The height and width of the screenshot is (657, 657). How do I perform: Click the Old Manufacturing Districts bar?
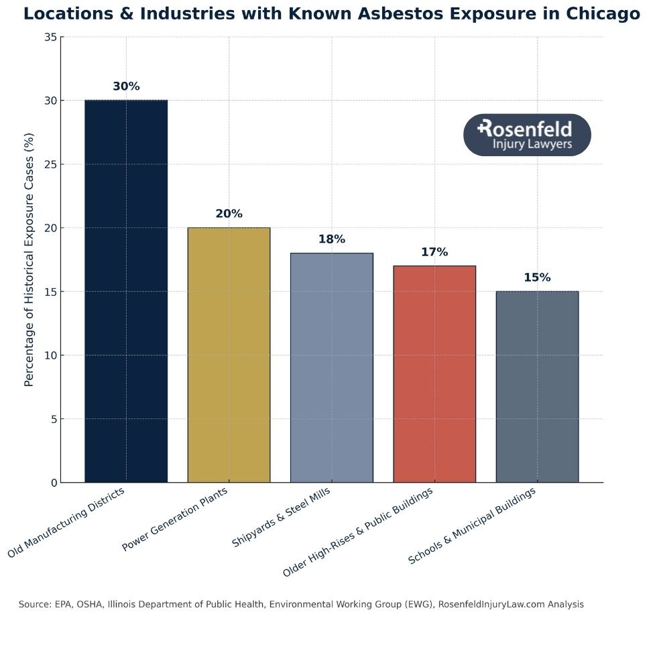(126, 291)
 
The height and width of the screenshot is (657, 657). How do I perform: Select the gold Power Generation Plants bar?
(229, 355)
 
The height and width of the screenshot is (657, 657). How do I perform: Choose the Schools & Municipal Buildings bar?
(537, 387)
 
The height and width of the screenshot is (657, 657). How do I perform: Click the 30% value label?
(126, 86)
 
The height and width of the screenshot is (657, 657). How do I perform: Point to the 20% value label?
(229, 214)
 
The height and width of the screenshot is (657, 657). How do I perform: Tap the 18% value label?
(331, 239)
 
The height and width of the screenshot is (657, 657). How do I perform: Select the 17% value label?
(434, 252)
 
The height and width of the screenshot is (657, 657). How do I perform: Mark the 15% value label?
(537, 278)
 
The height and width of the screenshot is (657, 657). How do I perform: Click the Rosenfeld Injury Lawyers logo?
(527, 135)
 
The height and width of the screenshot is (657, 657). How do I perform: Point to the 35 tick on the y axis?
(50, 38)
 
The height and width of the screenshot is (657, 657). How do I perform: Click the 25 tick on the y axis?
(50, 165)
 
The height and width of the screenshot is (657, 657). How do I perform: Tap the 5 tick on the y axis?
(53, 420)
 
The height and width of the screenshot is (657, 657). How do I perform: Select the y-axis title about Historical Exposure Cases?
(29, 259)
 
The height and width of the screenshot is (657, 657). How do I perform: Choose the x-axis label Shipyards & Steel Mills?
(282, 518)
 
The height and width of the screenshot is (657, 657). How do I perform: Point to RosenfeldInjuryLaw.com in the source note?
(491, 605)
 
